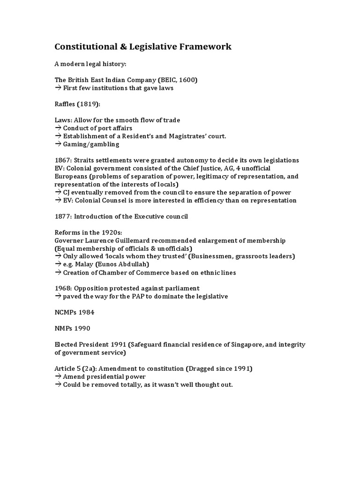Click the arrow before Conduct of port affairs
[58, 128]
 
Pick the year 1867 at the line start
[63, 160]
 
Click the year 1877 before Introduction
[63, 216]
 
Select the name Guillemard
[151, 240]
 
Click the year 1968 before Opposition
[63, 288]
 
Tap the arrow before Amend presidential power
[58, 376]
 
